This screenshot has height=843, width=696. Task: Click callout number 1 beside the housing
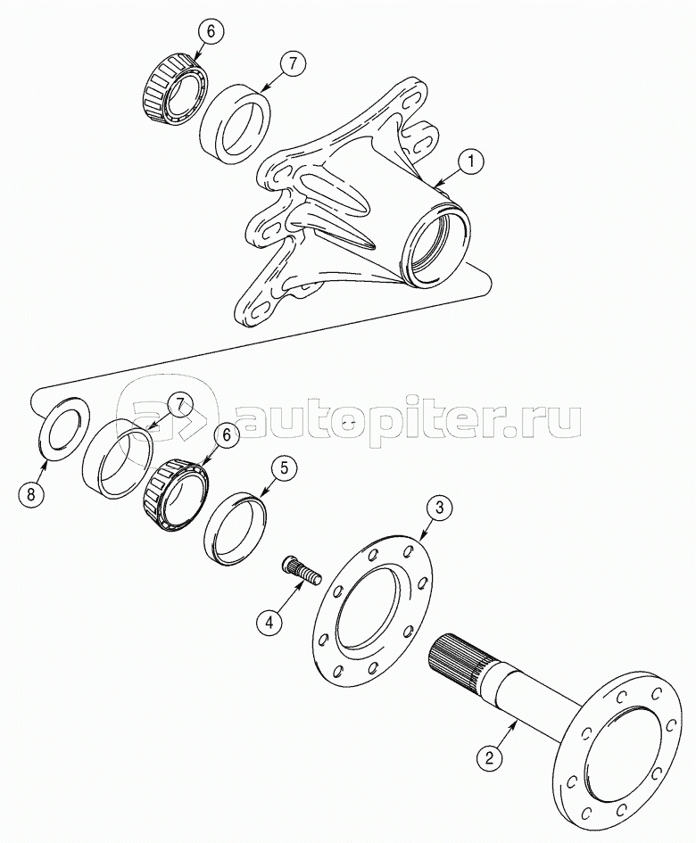[x=469, y=162]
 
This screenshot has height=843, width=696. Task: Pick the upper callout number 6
[x=211, y=31]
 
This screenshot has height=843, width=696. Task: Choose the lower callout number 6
[x=225, y=434]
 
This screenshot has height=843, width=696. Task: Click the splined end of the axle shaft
[x=455, y=658]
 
